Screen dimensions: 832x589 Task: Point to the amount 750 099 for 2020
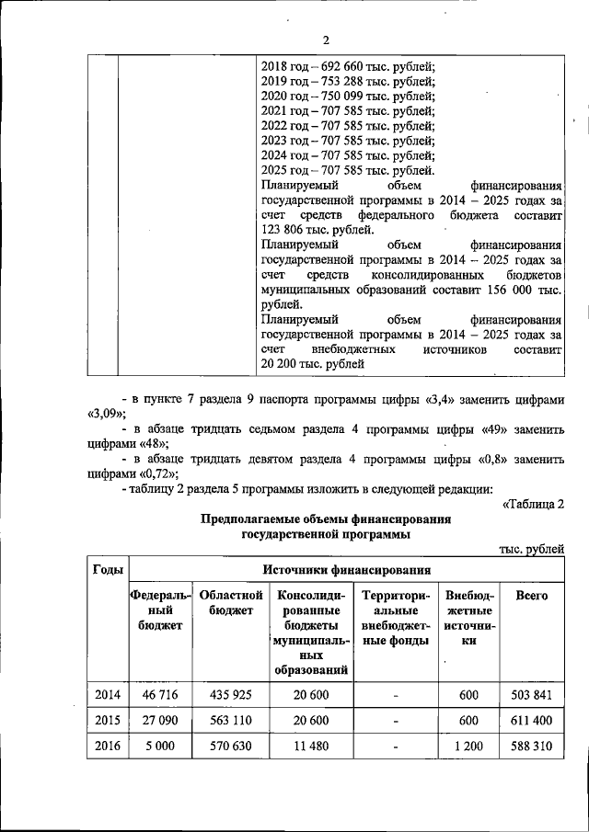coord(348,96)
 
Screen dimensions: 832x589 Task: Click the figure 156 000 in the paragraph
coord(509,290)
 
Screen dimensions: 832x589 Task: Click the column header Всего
coord(532,596)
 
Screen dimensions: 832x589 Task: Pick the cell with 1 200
coord(468,746)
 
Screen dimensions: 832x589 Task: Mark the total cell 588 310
coord(532,746)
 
